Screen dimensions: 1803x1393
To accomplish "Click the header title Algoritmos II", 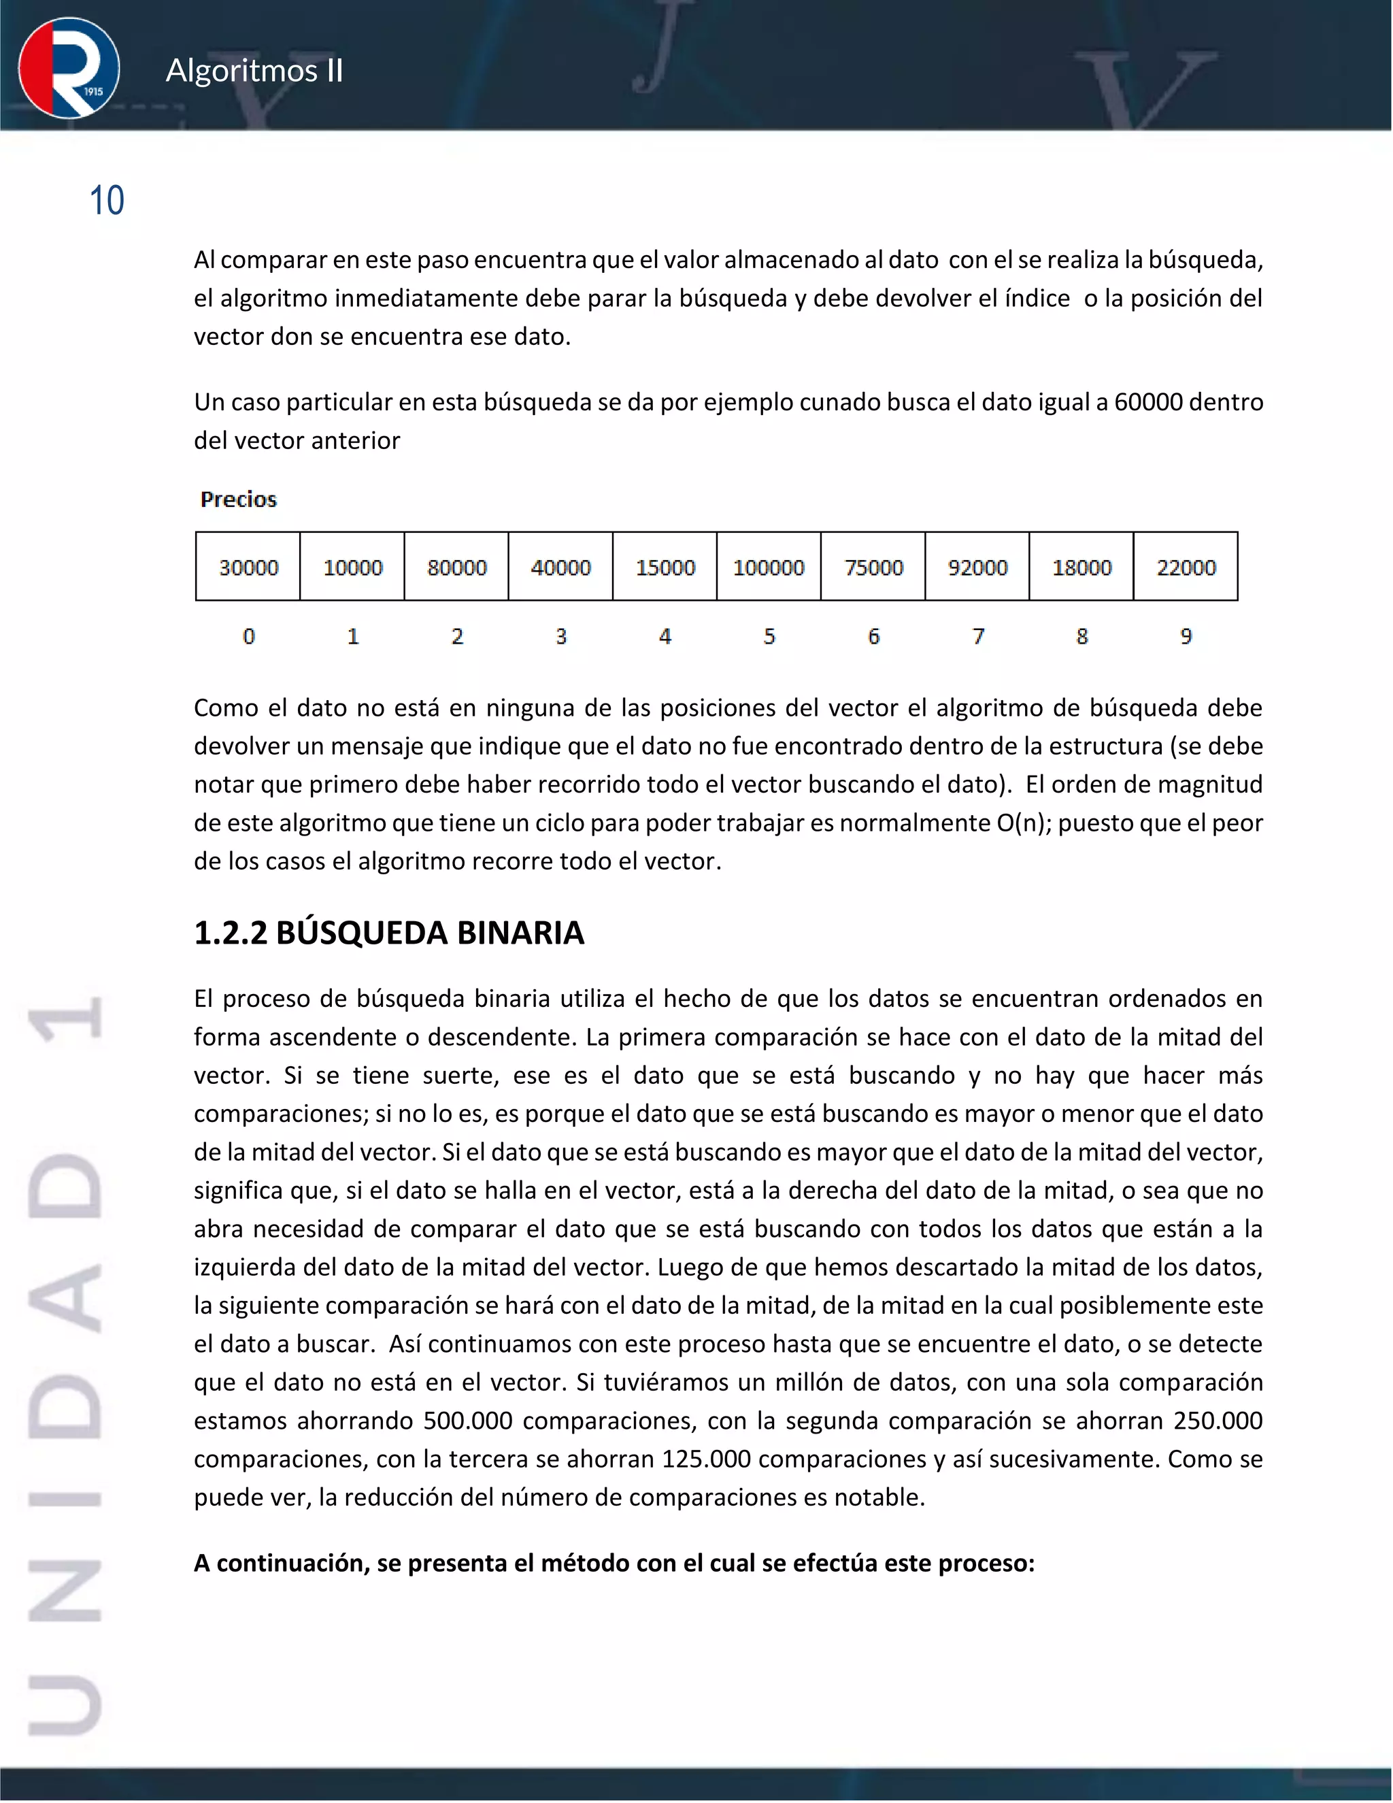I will click(x=254, y=71).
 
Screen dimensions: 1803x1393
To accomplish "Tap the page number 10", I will click(x=107, y=201).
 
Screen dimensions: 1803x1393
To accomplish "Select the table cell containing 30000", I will click(x=248, y=567).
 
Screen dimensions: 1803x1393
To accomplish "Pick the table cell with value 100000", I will click(x=769, y=567).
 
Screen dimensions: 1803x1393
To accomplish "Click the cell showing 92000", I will click(x=977, y=567).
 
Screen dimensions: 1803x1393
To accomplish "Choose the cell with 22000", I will click(x=1186, y=567).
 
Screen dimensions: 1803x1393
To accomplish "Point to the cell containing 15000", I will click(x=665, y=567).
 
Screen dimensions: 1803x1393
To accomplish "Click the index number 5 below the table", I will click(x=769, y=637).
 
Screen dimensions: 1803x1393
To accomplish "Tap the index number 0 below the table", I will click(x=248, y=637).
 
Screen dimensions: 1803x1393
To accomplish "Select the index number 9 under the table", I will click(x=1186, y=637).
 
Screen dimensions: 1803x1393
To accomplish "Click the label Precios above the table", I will click(x=239, y=499).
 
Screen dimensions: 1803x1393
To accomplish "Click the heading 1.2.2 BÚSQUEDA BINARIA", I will click(x=388, y=933).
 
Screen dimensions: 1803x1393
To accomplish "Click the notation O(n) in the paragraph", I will click(x=1023, y=823).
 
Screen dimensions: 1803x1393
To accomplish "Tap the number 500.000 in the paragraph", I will click(x=467, y=1421).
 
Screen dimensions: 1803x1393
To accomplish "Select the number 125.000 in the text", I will click(x=705, y=1459).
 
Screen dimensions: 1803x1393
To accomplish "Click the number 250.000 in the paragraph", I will click(x=1218, y=1421).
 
